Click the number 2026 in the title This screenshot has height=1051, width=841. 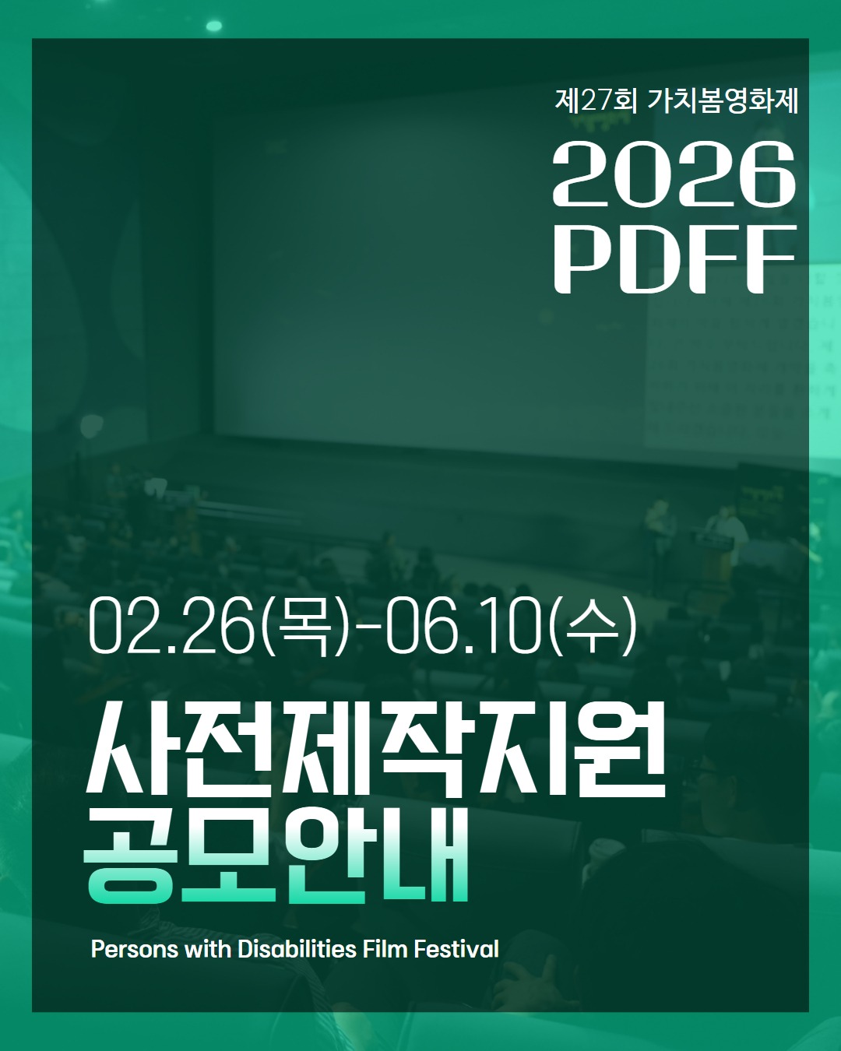[x=674, y=174]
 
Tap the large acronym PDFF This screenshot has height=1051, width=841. [x=674, y=260]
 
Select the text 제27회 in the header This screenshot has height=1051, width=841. [x=596, y=100]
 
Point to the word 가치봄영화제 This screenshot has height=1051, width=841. [x=723, y=100]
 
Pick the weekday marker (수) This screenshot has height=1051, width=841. [x=593, y=626]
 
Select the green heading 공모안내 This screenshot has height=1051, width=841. [x=277, y=856]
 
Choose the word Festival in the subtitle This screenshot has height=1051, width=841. [x=456, y=950]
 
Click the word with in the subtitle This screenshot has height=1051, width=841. [x=207, y=950]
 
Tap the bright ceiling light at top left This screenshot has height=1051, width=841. [x=213, y=26]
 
